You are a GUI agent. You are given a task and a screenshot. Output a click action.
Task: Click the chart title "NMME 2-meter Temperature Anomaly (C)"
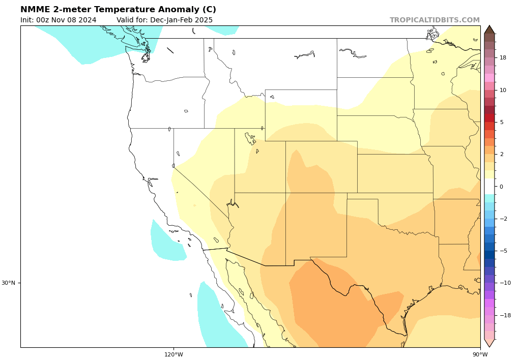118,10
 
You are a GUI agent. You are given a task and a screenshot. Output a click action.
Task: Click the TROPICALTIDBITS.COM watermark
435,20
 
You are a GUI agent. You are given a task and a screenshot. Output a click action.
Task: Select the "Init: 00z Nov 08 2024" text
59,20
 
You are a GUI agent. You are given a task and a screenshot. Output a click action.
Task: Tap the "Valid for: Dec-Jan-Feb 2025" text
164,20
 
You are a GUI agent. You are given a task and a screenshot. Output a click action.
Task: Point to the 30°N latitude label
8,283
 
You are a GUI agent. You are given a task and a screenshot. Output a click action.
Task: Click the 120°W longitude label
173,355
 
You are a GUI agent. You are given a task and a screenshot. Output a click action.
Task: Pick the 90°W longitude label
480,355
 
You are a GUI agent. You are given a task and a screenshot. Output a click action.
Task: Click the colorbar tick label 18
503,58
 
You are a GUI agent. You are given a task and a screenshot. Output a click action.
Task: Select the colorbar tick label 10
503,90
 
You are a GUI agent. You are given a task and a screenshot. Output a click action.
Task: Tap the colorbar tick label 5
501,122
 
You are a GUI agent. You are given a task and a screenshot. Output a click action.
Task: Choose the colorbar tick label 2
501,154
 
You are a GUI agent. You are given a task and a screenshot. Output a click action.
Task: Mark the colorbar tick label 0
501,187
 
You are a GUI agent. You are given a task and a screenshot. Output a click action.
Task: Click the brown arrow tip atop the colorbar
489,29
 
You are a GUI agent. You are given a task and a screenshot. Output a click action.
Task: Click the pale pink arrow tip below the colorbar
489,343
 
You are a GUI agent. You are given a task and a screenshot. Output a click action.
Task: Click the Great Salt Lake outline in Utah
250,137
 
